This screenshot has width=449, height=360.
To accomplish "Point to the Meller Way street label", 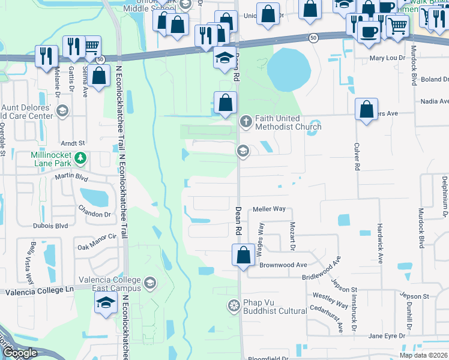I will click(x=273, y=209).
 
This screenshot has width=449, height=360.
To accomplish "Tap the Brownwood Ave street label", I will click(x=283, y=264).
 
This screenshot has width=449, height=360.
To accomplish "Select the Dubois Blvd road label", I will click(x=53, y=227).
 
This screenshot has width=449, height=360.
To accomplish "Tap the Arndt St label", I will click(x=73, y=143).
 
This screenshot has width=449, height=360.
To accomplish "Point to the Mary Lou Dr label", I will click(x=384, y=58).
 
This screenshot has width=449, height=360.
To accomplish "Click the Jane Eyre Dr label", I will click(x=384, y=336).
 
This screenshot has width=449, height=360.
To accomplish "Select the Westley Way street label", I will click(x=331, y=300).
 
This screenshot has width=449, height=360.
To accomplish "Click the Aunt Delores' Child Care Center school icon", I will click(x=62, y=111).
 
